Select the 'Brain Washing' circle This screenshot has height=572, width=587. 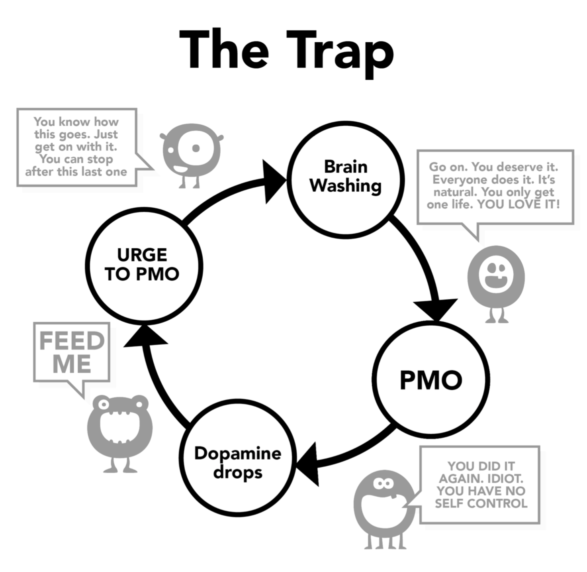346,180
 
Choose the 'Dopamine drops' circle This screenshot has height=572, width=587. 238,458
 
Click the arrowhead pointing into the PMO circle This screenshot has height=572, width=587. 436,309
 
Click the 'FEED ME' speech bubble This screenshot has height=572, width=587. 72,353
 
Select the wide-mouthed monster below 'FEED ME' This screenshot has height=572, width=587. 119,430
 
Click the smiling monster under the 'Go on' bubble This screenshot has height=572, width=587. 496,279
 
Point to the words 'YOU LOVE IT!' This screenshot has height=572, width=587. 518,204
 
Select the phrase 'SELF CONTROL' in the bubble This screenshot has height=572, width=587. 481,503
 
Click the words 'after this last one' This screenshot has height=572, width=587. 76,172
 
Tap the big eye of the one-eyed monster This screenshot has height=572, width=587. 194,148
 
